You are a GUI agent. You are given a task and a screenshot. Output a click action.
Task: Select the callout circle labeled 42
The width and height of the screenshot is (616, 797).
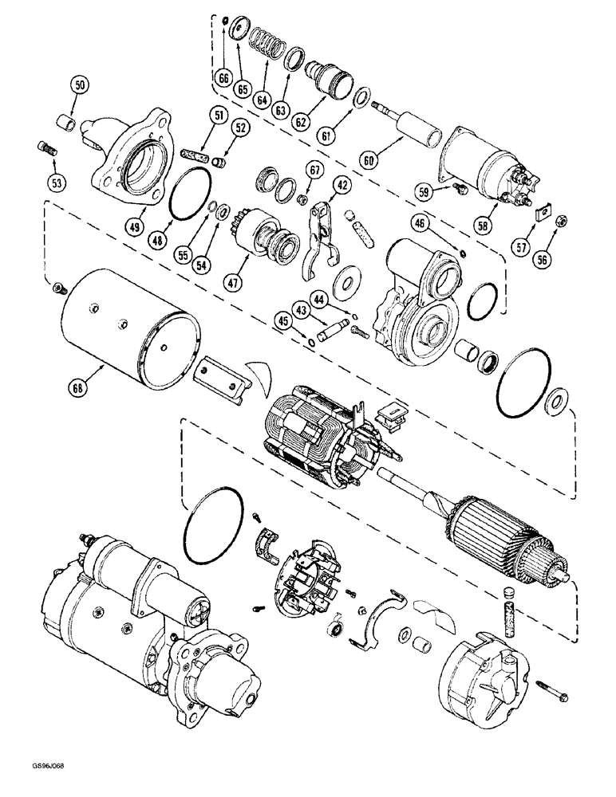(342, 185)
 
